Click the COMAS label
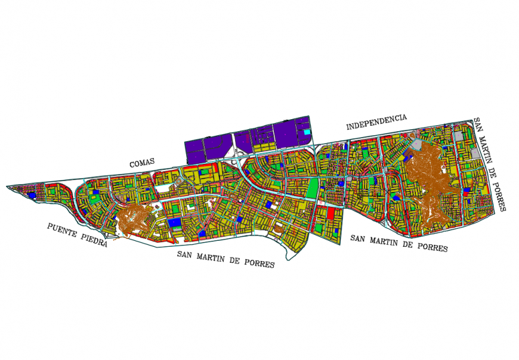[142, 162]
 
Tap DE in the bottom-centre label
[239, 260]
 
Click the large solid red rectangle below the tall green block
[331, 213]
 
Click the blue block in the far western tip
[32, 195]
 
